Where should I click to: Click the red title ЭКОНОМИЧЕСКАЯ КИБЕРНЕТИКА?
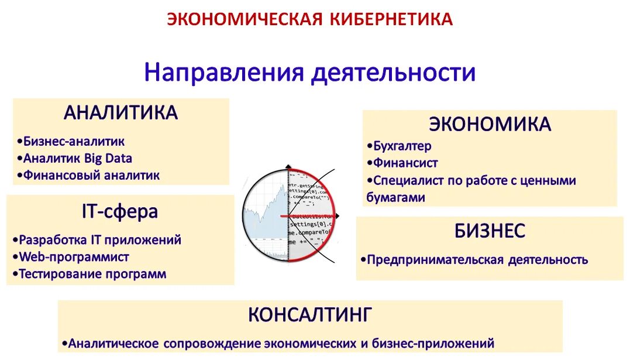310,19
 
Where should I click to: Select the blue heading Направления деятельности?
309,73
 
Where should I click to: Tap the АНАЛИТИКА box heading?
121,112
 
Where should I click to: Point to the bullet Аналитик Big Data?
77,159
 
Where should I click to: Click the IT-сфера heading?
119,211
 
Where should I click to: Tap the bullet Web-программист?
74,257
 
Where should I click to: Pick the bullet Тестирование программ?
92,274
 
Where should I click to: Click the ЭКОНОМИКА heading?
490,124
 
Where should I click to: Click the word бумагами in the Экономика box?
395,198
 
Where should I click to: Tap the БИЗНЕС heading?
490,231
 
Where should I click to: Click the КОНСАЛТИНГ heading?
309,315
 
